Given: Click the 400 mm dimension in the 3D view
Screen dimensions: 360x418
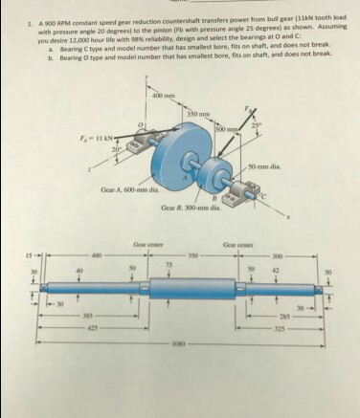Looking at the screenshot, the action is pos(163,95).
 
